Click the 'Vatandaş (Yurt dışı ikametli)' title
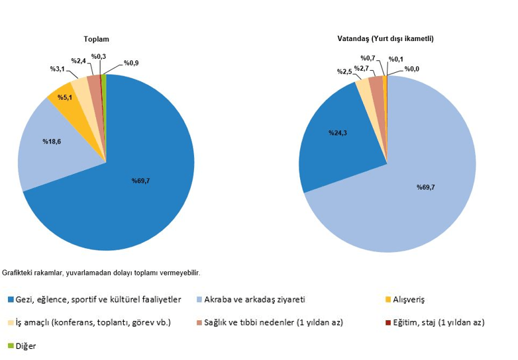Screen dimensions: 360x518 coord(386,39)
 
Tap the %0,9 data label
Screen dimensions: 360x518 coord(130,64)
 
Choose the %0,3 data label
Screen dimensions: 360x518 coord(99,56)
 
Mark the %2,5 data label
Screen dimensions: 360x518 coord(344,71)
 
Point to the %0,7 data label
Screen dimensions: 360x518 coord(368,58)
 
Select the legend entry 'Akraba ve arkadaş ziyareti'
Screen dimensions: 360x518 coord(256,300)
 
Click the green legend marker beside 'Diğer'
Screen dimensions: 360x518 coord(10,346)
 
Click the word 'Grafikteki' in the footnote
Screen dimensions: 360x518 coord(18,273)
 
